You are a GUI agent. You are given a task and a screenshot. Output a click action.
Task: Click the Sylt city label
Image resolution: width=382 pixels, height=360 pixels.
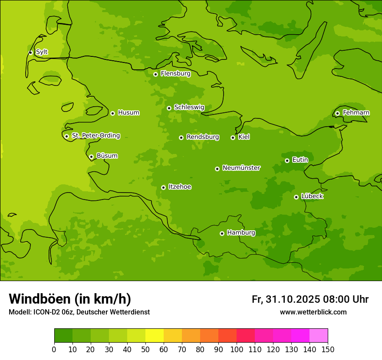click(42, 52)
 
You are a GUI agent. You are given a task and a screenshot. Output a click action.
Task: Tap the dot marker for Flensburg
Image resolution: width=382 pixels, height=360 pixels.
click(155, 74)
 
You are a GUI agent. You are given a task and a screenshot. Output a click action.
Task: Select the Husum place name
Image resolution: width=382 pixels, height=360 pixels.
click(128, 113)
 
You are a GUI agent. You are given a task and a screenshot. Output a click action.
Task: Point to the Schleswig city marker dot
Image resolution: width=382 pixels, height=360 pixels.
click(169, 108)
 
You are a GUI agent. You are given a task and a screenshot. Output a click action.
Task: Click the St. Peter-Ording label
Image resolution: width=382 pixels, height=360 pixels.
click(96, 136)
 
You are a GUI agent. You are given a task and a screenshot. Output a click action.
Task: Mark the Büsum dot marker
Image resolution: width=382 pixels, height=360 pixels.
click(91, 157)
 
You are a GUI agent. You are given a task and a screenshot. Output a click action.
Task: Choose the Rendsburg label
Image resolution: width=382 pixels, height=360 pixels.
click(203, 137)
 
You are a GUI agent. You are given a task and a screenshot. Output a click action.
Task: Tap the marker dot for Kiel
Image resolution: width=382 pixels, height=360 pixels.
click(233, 137)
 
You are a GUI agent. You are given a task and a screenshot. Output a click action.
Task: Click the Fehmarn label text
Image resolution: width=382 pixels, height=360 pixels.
click(356, 113)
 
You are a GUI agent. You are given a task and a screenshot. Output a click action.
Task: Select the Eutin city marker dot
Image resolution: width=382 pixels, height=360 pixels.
click(287, 160)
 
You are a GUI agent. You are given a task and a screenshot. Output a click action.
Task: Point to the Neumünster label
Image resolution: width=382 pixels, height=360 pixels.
click(241, 168)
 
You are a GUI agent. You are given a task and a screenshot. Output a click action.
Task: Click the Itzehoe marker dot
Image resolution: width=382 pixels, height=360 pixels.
click(163, 187)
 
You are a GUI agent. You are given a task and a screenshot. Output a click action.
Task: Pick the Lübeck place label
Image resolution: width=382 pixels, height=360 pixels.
click(312, 196)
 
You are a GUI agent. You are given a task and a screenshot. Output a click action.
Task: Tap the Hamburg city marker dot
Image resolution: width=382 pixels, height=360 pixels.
click(222, 233)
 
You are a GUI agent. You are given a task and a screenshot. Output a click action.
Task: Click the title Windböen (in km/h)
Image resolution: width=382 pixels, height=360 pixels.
click(70, 299)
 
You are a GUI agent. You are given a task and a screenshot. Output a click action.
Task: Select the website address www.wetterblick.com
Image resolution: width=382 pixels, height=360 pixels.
click(313, 312)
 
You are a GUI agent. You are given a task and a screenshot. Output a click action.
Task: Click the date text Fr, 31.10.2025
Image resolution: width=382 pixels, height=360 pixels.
click(286, 299)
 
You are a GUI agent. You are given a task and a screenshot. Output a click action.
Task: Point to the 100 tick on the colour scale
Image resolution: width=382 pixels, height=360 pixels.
click(237, 350)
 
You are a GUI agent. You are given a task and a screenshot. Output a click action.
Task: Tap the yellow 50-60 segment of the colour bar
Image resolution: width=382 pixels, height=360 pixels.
click(155, 336)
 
